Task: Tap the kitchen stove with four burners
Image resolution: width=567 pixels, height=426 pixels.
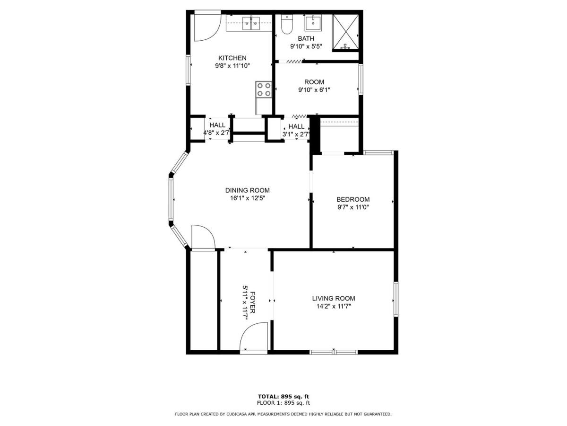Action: click(264, 89)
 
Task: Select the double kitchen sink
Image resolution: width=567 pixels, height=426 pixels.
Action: click(250, 22)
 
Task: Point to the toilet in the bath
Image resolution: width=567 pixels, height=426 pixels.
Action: click(286, 25)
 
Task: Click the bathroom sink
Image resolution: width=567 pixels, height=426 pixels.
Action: click(312, 22)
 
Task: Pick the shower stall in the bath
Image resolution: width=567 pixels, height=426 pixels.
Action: click(346, 32)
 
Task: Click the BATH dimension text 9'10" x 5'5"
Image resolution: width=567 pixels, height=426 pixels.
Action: click(306, 46)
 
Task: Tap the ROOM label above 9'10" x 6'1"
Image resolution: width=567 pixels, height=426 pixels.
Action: click(314, 82)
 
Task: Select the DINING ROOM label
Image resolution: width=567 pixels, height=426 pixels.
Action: click(247, 190)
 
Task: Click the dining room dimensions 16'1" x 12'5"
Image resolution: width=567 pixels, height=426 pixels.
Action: click(247, 198)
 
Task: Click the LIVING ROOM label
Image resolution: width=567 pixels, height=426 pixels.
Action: click(333, 298)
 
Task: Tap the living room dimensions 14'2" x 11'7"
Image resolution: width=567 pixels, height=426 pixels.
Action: click(333, 306)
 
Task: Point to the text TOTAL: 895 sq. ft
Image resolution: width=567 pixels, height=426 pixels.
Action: click(283, 396)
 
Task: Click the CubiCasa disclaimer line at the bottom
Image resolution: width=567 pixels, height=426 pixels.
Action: click(283, 414)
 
